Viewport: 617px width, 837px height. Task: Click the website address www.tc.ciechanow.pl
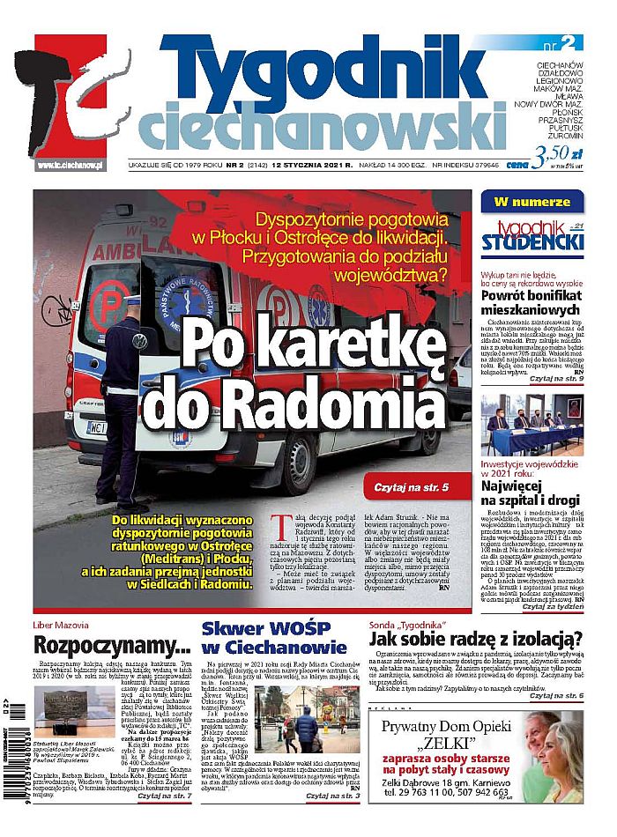pos(71,166)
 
